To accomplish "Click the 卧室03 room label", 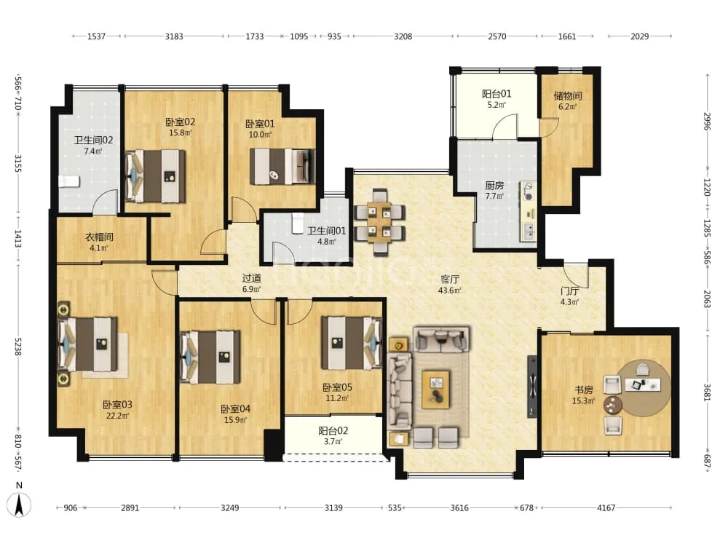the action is (x=117, y=404).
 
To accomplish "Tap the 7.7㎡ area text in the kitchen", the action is (x=494, y=196).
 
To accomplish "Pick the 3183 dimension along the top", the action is (x=174, y=36).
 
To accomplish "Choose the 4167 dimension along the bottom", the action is (x=606, y=508).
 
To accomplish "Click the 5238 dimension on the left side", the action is (x=17, y=347).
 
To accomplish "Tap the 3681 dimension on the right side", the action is (x=707, y=393).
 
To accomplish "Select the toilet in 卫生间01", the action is (x=298, y=223).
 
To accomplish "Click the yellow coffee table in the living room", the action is (x=435, y=389).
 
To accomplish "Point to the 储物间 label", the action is (x=567, y=95).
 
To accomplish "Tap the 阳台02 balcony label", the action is (x=333, y=431).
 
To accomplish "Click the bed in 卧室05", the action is (x=352, y=343).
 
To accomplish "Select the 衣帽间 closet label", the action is (x=99, y=237).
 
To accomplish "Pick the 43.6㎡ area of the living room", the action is (x=449, y=290).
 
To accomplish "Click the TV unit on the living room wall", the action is (x=533, y=387).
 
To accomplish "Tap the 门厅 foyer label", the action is (x=569, y=291).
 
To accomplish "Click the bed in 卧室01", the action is (x=282, y=166).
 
